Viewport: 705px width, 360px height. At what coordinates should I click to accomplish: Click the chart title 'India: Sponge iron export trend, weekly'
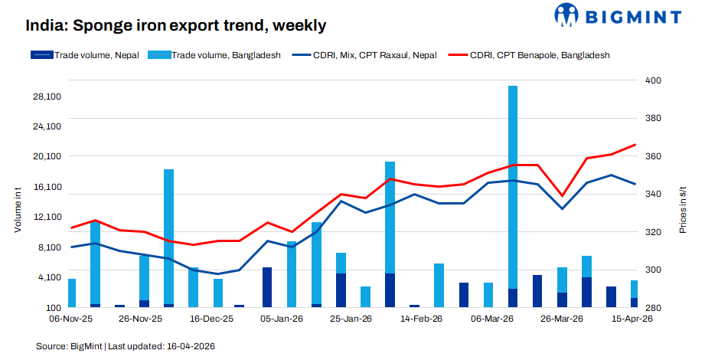176,26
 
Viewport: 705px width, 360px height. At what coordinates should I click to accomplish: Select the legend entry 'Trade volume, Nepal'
85,55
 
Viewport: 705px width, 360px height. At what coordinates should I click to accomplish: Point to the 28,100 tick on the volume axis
47,97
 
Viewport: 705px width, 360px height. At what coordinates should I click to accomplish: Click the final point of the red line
635,145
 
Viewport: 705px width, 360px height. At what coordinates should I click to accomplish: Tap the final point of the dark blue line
635,184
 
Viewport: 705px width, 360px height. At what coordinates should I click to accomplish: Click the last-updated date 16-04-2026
190,347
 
